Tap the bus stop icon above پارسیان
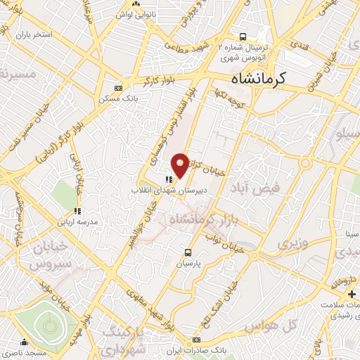[x=188, y=252]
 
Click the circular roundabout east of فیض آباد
[x=305, y=163]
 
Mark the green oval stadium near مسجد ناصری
[x=49, y=326]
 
